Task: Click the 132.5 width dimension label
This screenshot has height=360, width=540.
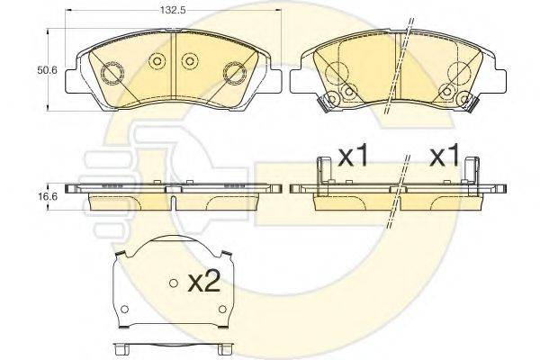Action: tap(173, 10)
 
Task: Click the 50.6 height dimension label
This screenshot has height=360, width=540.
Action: tap(47, 70)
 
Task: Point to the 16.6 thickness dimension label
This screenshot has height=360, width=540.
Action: tap(47, 197)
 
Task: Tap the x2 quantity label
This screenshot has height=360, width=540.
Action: tap(204, 283)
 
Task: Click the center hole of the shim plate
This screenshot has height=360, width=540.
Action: tap(174, 283)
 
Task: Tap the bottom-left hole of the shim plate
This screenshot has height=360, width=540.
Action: tap(124, 309)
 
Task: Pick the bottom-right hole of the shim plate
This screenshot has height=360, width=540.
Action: tap(223, 309)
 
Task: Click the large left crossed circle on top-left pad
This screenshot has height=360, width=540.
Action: tap(112, 73)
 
